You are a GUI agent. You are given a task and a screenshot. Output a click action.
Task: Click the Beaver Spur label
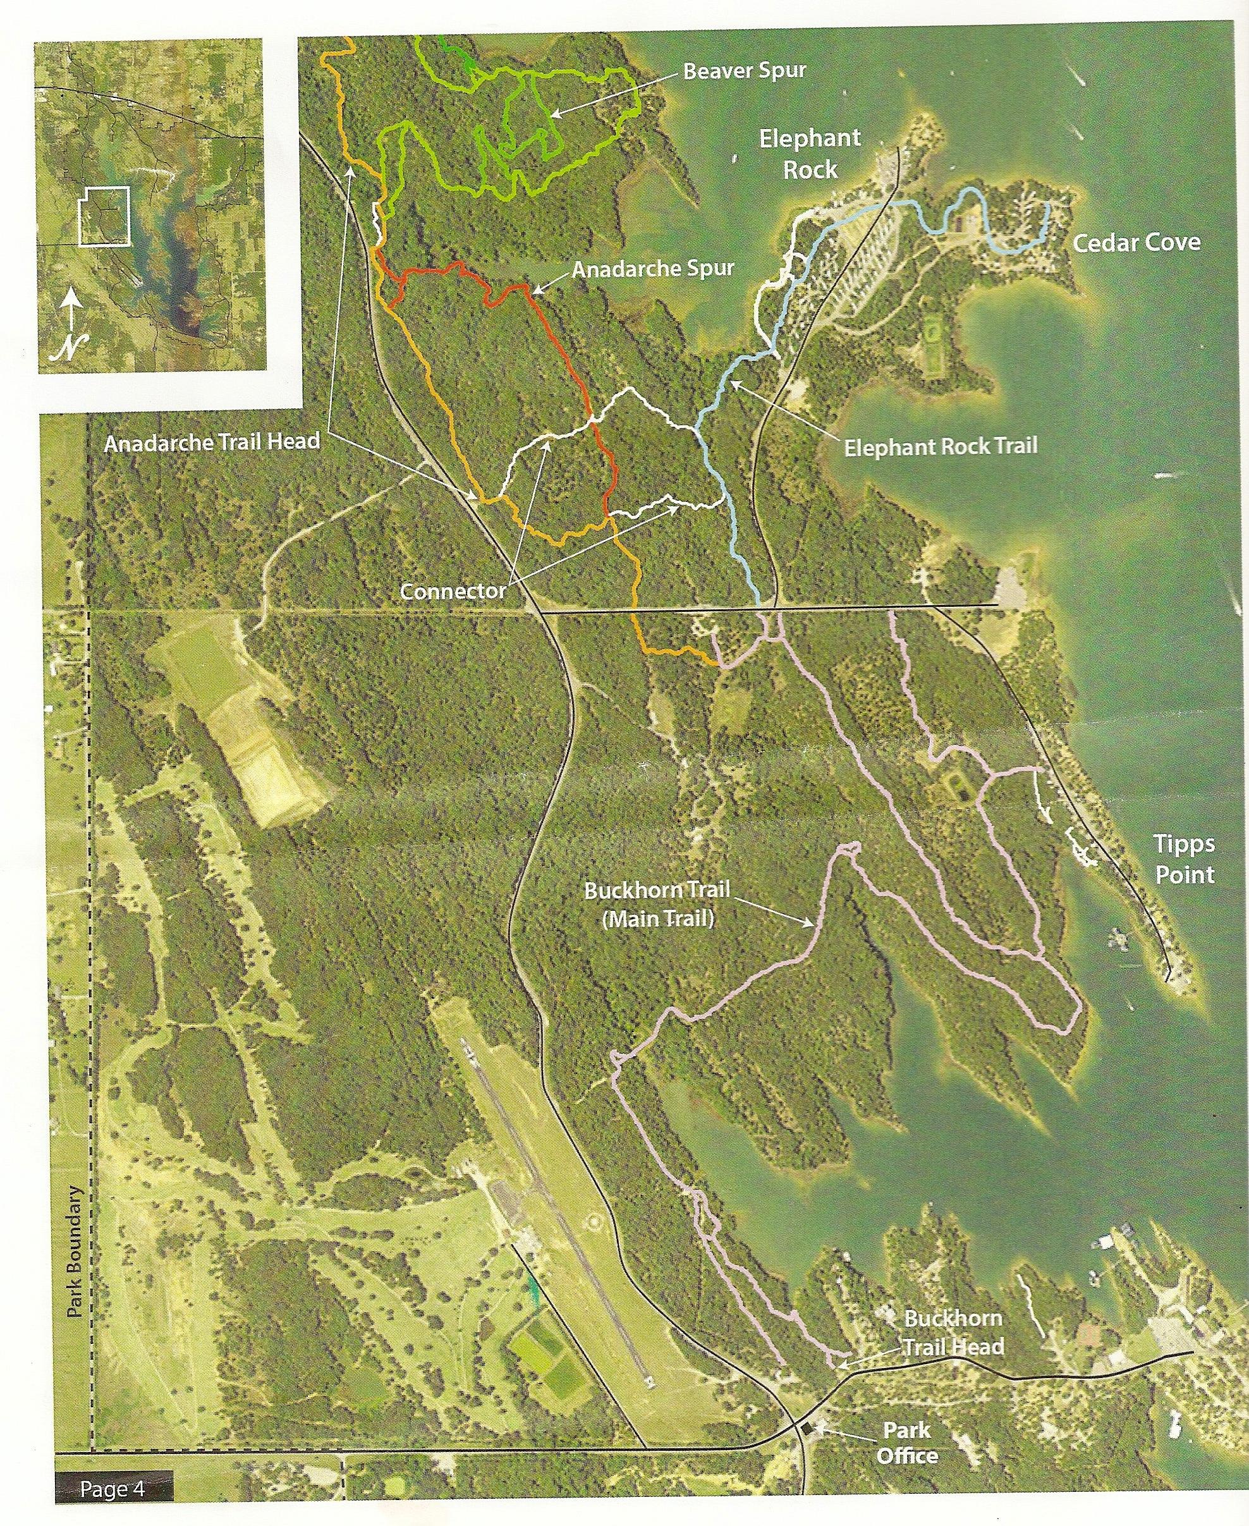coord(744,71)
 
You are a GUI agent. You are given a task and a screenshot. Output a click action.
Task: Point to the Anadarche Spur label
coord(654,269)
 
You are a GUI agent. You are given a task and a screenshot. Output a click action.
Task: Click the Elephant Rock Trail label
coord(941,447)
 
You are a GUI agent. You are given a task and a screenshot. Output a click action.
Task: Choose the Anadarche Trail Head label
coord(212,442)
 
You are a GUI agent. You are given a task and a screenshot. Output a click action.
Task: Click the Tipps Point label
coord(1183,859)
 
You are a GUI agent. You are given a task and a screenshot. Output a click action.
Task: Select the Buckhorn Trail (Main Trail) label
coord(657,904)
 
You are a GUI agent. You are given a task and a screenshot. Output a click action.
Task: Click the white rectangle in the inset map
coord(104,216)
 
